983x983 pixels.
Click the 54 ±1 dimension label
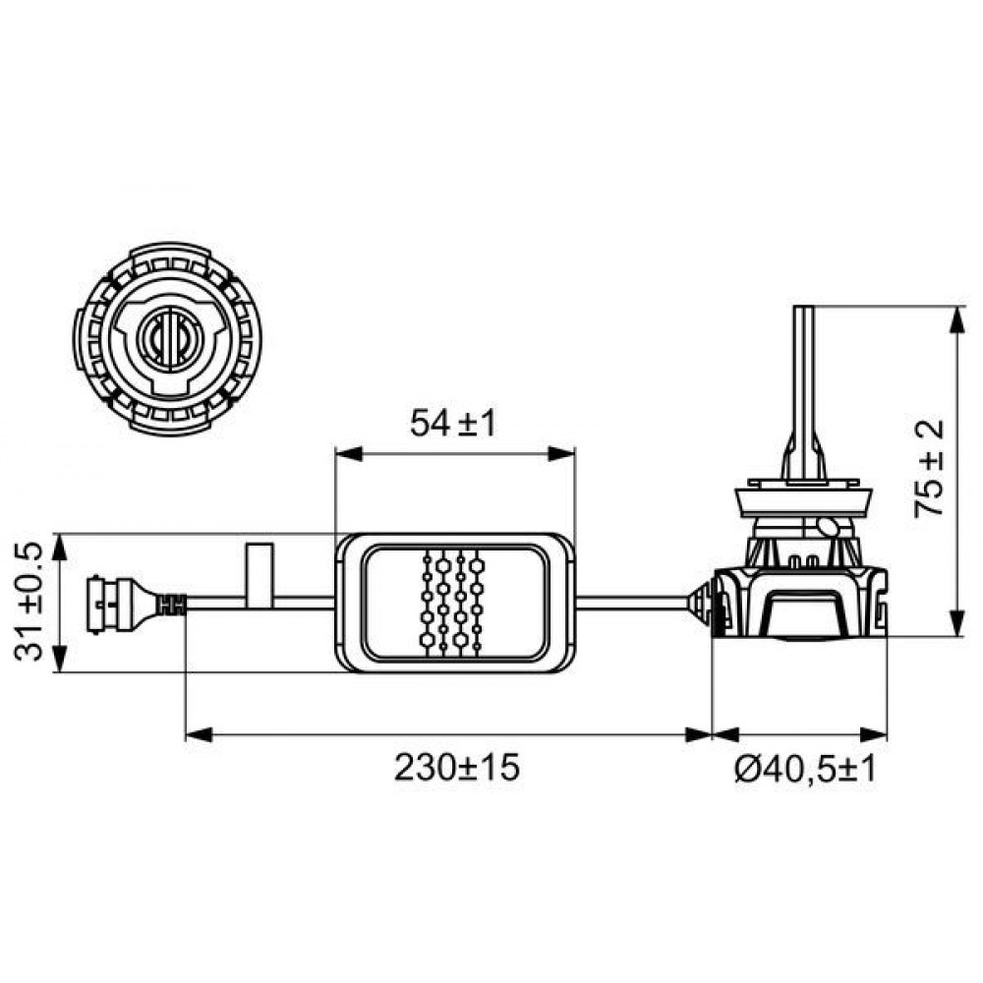(x=452, y=423)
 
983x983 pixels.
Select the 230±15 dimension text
(x=457, y=767)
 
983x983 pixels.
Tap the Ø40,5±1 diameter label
(x=805, y=768)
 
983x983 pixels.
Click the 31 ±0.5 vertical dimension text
(x=29, y=602)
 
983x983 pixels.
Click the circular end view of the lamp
(x=167, y=339)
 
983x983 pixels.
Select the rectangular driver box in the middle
(x=455, y=603)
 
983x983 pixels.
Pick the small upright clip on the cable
(x=260, y=575)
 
